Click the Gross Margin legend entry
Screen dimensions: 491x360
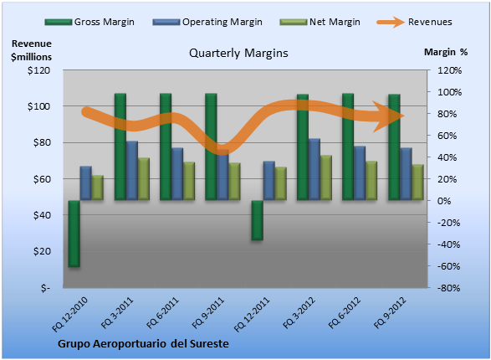pyautogui.click(x=90, y=22)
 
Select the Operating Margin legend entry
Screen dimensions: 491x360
pyautogui.click(x=207, y=22)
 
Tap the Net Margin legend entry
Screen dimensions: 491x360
pyautogui.click(x=320, y=22)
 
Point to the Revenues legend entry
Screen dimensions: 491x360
pyautogui.click(x=414, y=22)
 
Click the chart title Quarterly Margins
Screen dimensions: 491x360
pyautogui.click(x=238, y=53)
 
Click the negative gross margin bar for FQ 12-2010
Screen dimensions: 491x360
pyautogui.click(x=74, y=234)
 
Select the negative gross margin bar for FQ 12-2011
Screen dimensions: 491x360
pyautogui.click(x=258, y=220)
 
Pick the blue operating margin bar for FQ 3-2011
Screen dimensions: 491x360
pyautogui.click(x=132, y=171)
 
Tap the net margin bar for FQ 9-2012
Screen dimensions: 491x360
pyautogui.click(x=417, y=182)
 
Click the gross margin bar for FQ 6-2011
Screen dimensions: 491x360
pyautogui.click(x=166, y=147)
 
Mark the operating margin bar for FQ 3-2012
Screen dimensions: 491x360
pyautogui.click(x=315, y=169)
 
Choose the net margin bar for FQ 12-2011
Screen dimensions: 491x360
pyautogui.click(x=280, y=183)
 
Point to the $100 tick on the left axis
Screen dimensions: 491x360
pyautogui.click(x=38, y=106)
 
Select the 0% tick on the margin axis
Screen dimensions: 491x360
pyautogui.click(x=444, y=201)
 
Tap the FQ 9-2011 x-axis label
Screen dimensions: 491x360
pyautogui.click(x=208, y=313)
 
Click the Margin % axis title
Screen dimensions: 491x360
pyautogui.click(x=446, y=52)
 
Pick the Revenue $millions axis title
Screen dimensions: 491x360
pyautogui.click(x=31, y=50)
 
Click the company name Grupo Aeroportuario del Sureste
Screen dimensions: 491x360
pyautogui.click(x=143, y=344)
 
